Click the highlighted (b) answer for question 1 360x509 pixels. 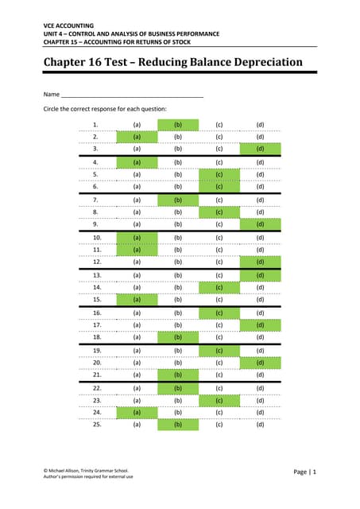[x=177, y=125]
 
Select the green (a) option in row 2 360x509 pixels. [x=137, y=137]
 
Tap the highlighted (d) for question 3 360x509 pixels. [x=260, y=148]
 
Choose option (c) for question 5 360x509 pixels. [x=219, y=173]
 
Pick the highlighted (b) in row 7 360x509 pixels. [x=177, y=200]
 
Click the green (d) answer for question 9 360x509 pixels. [x=260, y=223]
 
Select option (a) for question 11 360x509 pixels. [x=137, y=249]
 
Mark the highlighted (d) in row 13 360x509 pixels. [x=260, y=275]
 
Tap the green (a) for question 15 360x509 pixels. [x=137, y=299]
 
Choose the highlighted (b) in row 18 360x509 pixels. [x=177, y=336]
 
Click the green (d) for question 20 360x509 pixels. [x=260, y=363]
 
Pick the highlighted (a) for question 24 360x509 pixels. [x=137, y=413]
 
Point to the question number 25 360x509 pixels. [x=95, y=425]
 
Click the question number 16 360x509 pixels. [x=95, y=313]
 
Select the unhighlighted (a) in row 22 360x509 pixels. [x=137, y=388]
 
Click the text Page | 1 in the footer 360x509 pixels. [x=304, y=472]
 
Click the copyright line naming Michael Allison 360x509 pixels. [x=86, y=470]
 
